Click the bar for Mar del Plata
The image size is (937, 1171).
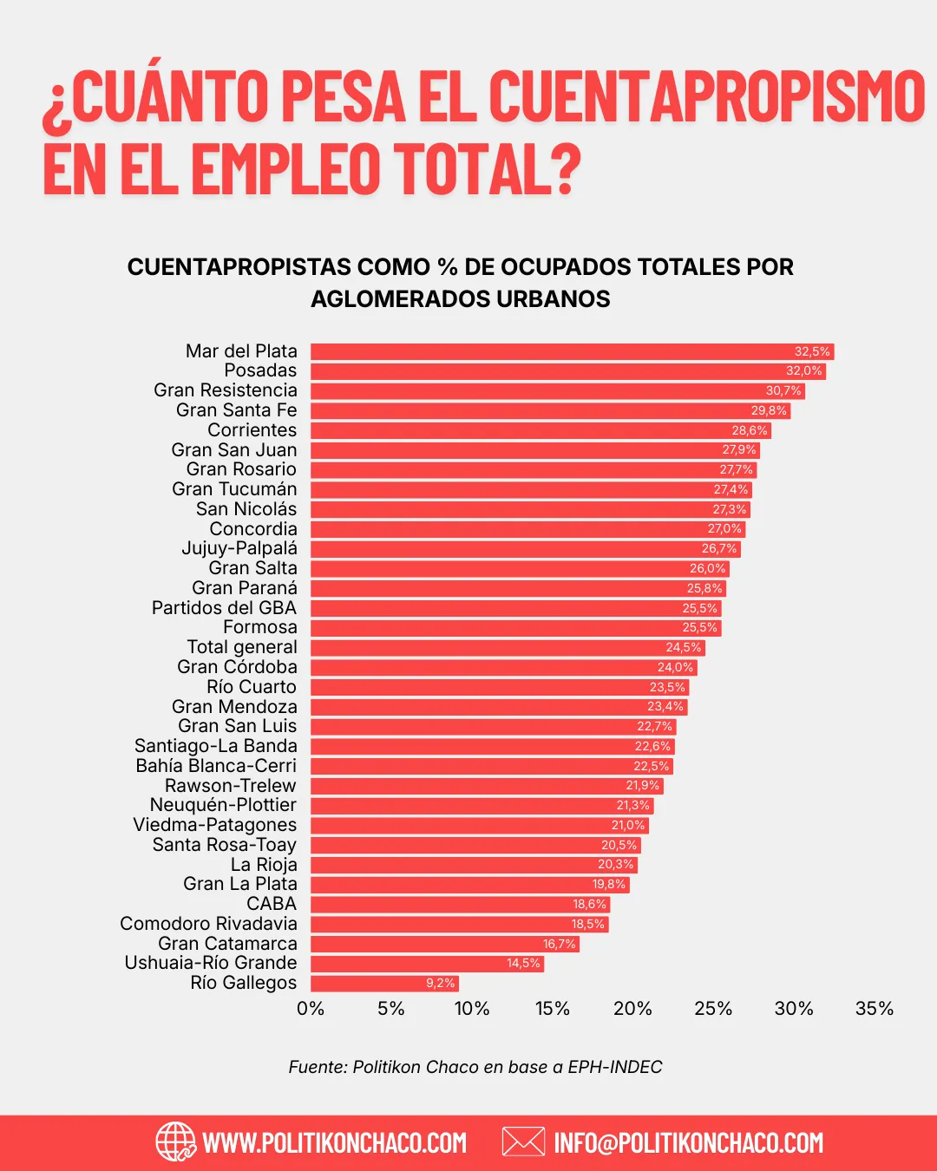[x=555, y=351]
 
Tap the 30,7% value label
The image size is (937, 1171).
[x=783, y=391]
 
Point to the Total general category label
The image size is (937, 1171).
[x=242, y=647]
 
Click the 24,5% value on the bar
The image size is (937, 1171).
[x=684, y=648]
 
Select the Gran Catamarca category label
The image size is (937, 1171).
[x=227, y=944]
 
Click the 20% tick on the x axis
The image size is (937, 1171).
[x=632, y=1009]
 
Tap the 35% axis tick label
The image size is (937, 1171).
[x=874, y=1009]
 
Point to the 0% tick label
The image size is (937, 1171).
[x=311, y=1009]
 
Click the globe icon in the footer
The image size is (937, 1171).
[x=176, y=1142]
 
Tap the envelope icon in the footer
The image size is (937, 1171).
[x=523, y=1142]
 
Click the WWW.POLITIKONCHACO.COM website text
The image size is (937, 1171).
[x=334, y=1142]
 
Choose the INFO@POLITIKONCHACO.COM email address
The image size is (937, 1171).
[x=688, y=1142]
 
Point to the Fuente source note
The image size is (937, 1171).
[x=475, y=1067]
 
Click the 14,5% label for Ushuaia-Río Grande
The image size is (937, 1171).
[x=523, y=964]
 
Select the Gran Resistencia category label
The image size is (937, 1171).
[x=226, y=390]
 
